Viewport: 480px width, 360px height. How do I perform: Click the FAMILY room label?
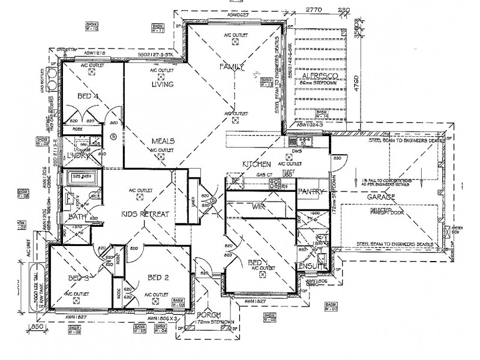tap(231, 66)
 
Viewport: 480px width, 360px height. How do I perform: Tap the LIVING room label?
tap(162, 85)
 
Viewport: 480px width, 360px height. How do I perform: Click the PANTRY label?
tap(311, 191)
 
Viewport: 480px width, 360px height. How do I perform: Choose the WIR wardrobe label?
tap(260, 206)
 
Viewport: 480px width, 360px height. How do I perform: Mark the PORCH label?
tap(208, 316)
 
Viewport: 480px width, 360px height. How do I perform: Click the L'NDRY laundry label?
tap(79, 155)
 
